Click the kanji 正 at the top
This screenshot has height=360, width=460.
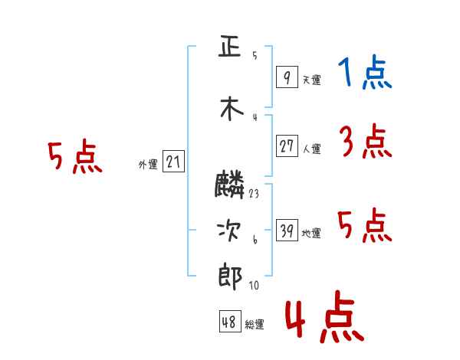pyautogui.click(x=230, y=46)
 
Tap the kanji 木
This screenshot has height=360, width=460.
pyautogui.click(x=232, y=109)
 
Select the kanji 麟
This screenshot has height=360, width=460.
pyautogui.click(x=229, y=185)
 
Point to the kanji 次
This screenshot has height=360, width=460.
pyautogui.click(x=229, y=231)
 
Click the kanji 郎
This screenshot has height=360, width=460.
pyautogui.click(x=230, y=277)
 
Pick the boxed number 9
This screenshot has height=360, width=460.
pyautogui.click(x=287, y=77)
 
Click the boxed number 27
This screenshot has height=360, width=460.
pyautogui.click(x=287, y=146)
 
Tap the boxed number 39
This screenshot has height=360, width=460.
pyautogui.click(x=287, y=230)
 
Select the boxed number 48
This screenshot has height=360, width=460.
pyautogui.click(x=230, y=321)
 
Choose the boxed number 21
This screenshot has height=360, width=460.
pyautogui.click(x=173, y=161)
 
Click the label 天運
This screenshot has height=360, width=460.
pyautogui.click(x=312, y=80)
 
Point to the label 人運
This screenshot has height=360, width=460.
pyautogui.click(x=312, y=149)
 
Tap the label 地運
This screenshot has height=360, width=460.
pyautogui.click(x=311, y=233)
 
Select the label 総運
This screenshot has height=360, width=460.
pyautogui.click(x=255, y=324)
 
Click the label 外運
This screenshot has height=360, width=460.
pyautogui.click(x=148, y=164)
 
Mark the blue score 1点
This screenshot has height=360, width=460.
pyautogui.click(x=365, y=72)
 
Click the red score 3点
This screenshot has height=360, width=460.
pyautogui.click(x=366, y=141)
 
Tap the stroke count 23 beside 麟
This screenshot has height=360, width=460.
pyautogui.click(x=254, y=194)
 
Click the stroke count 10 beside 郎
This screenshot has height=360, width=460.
pyautogui.click(x=254, y=285)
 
